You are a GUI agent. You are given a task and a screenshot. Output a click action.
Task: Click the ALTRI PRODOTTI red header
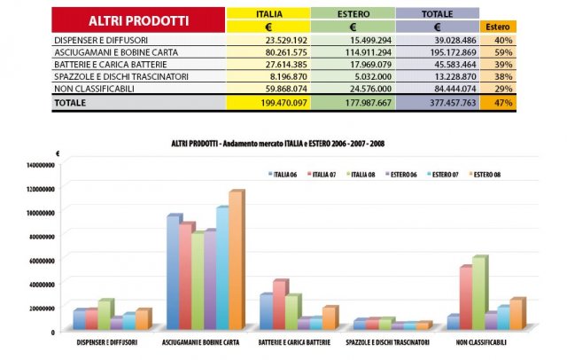tap(138, 20)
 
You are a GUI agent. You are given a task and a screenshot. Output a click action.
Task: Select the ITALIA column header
tap(269, 14)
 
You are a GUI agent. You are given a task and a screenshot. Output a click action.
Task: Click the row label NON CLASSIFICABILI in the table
tap(89, 88)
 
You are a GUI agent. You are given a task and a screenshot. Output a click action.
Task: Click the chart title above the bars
tap(283, 143)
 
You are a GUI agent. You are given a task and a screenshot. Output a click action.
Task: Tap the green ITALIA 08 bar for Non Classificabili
tap(478, 293)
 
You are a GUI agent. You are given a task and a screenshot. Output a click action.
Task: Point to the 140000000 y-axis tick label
tap(40, 165)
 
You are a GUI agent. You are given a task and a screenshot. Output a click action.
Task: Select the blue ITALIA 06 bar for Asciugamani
tap(174, 272)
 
